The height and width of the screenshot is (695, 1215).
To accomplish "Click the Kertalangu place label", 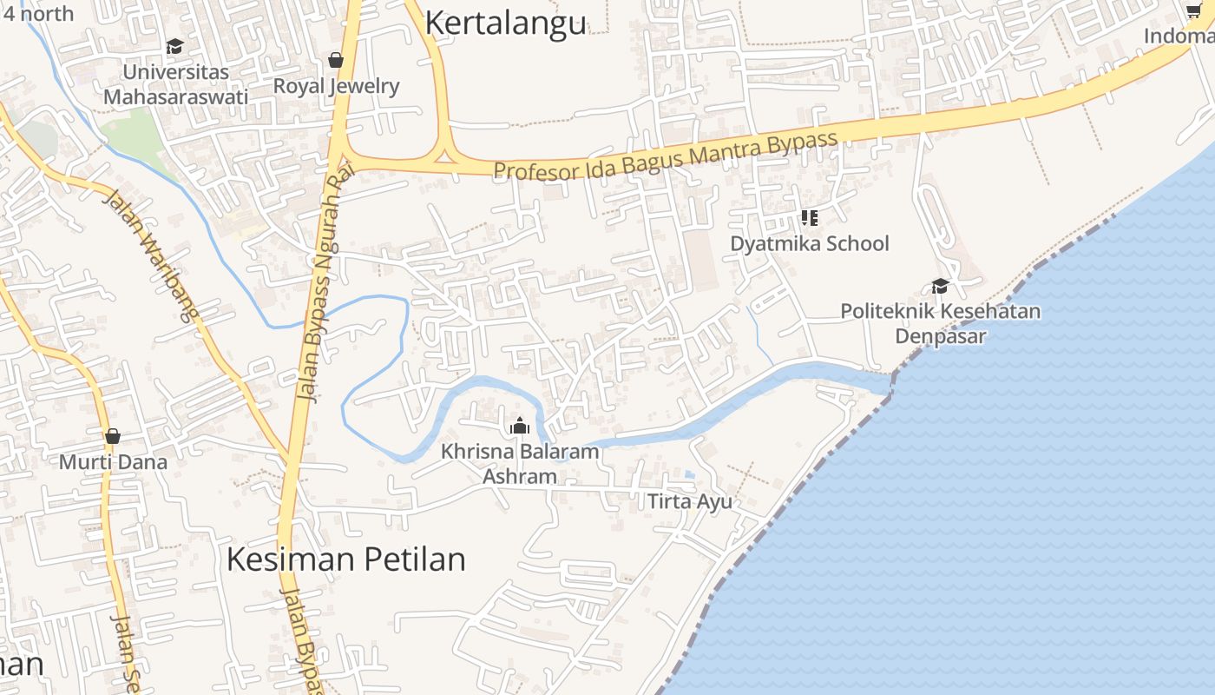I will (505, 23).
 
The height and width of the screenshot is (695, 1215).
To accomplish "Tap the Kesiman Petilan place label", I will (345, 559).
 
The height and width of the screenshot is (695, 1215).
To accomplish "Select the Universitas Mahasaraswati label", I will (175, 84).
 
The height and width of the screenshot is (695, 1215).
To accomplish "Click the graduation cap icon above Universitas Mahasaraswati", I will (175, 46).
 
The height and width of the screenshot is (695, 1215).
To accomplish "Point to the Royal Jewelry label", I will (336, 86).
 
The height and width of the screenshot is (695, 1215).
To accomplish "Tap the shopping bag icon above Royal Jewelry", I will (336, 60).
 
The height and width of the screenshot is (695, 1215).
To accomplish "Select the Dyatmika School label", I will (809, 243).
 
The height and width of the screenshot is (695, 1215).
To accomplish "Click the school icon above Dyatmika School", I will (809, 217).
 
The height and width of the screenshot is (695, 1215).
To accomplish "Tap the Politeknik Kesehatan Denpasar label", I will (940, 323).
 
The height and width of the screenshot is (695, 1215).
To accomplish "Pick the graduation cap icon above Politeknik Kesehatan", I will (940, 286).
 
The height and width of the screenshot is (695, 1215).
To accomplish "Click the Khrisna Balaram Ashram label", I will (520, 464).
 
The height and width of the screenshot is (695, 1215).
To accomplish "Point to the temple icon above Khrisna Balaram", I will (520, 426).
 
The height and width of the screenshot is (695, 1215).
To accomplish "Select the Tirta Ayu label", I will (690, 501).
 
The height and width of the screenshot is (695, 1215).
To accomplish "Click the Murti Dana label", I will (113, 461).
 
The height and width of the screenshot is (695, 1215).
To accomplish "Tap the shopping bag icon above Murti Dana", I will (112, 436).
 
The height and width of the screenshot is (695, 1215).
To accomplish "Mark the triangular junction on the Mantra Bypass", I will (446, 156).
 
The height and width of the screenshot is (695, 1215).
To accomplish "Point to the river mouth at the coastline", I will (889, 383).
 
